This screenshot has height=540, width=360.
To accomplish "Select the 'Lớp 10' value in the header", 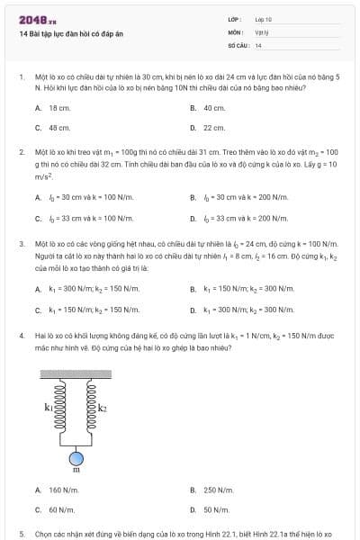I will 263,19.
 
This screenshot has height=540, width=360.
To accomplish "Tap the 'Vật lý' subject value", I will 262,31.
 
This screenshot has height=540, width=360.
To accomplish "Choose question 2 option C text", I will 85,218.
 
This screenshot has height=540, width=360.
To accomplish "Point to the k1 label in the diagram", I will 49,408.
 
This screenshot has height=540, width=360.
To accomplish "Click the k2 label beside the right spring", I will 102,408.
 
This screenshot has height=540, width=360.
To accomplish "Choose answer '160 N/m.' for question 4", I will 64,490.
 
